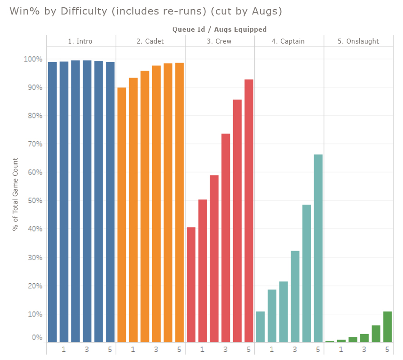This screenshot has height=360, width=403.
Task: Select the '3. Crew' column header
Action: [x=219, y=41]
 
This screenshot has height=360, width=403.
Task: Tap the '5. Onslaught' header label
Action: [x=358, y=41]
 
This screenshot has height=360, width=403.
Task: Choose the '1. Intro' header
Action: [x=80, y=41]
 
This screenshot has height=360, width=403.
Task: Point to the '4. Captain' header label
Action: [x=288, y=41]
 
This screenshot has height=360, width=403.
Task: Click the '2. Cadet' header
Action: [x=150, y=41]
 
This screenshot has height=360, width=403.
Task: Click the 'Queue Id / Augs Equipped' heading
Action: [x=219, y=30]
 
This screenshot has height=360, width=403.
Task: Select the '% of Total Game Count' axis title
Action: [x=15, y=194]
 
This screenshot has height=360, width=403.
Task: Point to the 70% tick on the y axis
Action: [x=33, y=144]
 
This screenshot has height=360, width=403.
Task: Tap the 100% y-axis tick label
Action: [x=32, y=59]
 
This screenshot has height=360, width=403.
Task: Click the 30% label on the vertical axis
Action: [x=33, y=257]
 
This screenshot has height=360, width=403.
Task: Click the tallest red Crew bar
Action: [x=249, y=211]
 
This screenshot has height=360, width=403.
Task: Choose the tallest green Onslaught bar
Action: [x=388, y=326]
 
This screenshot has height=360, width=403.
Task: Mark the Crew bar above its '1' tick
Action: [x=203, y=271]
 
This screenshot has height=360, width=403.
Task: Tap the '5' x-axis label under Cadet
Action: [x=179, y=350]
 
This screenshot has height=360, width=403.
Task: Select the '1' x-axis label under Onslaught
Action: [x=341, y=350]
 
